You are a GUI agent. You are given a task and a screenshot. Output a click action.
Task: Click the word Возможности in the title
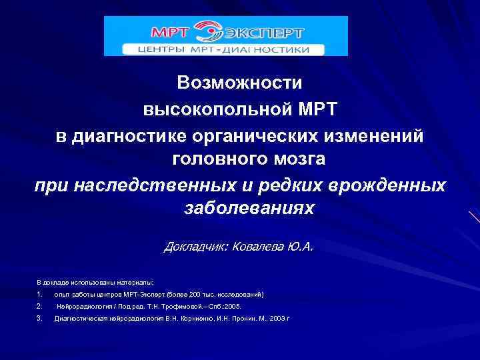[240, 83]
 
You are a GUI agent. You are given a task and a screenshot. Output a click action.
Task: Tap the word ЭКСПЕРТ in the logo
[267, 32]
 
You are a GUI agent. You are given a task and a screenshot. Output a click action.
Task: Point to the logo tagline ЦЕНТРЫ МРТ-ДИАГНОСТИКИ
[223, 49]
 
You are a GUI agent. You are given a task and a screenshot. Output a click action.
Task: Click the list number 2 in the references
[40, 306]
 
